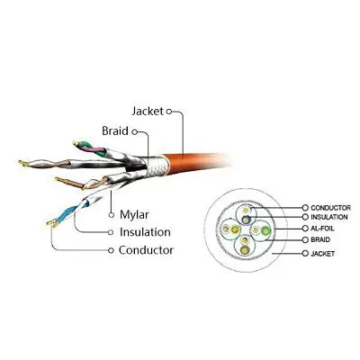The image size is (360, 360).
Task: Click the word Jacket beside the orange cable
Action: point(148,112)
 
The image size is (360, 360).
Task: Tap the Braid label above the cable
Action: point(115,131)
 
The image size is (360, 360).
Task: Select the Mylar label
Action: point(134,215)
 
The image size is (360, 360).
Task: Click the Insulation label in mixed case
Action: point(145,232)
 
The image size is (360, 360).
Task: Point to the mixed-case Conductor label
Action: point(146,250)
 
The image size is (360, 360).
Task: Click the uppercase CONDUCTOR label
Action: point(330,208)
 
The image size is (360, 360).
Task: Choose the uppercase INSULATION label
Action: point(329,217)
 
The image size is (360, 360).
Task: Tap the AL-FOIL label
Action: point(322,229)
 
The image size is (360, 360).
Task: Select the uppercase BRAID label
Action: point(320,239)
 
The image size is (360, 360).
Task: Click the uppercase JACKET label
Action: point(322,254)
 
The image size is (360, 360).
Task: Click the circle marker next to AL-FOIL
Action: point(305,229)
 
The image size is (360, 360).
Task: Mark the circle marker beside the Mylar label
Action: point(112,215)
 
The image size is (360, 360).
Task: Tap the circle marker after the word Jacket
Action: point(169,112)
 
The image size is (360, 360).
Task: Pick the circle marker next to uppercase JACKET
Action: point(305,254)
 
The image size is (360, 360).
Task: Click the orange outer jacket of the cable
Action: point(195,162)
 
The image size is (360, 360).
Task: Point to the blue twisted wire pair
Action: point(67,213)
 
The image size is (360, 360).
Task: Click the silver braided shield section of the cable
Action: point(155,167)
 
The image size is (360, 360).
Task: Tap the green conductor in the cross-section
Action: point(265,230)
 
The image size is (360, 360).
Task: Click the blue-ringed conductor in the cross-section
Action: point(246,220)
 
